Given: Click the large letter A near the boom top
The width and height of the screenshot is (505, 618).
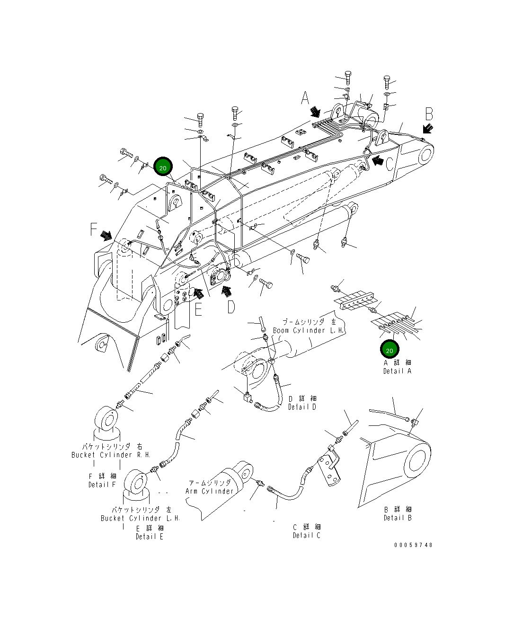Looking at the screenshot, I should (305, 98).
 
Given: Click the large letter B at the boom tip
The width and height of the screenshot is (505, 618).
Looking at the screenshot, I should (429, 114).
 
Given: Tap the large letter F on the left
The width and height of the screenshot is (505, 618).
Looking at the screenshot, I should (94, 230).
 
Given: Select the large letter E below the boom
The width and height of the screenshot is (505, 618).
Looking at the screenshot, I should (198, 309).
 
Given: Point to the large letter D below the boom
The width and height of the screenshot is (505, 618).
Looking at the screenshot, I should (230, 307).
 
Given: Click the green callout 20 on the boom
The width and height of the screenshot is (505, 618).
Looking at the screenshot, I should (163, 168).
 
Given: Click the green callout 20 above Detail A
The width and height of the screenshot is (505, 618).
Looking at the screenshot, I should (390, 350).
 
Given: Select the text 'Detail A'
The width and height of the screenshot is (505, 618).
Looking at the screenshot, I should (397, 371).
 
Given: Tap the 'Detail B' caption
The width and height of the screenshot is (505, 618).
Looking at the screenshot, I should (398, 518).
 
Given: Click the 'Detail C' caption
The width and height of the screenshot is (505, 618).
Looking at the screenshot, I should (306, 535).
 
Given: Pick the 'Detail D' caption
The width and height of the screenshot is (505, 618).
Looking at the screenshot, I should (302, 407).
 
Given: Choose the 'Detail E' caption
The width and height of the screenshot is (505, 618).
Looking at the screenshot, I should (149, 537).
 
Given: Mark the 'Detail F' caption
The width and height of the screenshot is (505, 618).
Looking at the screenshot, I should (102, 485).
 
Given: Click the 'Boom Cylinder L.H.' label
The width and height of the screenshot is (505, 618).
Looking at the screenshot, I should (308, 330).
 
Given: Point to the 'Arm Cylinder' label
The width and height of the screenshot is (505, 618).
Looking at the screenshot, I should (209, 491).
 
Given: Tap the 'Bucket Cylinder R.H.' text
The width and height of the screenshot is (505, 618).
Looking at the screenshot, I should (111, 455).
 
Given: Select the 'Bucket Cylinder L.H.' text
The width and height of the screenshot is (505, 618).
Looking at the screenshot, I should (141, 518).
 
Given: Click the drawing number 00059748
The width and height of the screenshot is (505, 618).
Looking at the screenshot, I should (413, 545).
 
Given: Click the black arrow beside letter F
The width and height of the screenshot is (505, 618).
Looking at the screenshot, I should (106, 235).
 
